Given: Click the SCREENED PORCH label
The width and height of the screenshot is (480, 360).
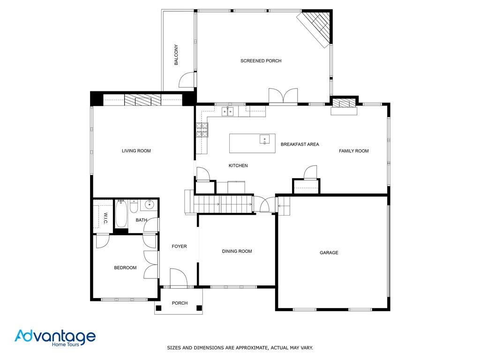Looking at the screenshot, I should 261,61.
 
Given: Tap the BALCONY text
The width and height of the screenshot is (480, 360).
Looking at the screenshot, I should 176,55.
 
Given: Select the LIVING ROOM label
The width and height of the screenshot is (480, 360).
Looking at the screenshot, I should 136,151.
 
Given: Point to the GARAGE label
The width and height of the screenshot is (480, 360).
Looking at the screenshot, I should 329,253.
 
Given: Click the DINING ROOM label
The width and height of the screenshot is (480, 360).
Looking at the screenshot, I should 237,251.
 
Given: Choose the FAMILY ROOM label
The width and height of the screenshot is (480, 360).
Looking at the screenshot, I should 353,151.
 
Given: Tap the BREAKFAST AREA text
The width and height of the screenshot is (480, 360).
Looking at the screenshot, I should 300,144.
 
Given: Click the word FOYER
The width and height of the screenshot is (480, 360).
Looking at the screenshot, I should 179,246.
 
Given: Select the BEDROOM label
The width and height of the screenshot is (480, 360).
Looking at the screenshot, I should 125,268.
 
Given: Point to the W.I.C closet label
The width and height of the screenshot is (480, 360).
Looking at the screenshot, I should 105,218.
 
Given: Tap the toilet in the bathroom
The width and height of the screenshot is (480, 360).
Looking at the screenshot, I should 134,206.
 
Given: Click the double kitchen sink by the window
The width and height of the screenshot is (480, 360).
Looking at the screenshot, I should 227,112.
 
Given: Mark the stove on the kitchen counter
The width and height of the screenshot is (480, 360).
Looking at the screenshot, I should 202,130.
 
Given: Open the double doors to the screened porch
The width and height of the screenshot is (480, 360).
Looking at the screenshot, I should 283,96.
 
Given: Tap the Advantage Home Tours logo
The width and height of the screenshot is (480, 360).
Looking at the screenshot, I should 55,337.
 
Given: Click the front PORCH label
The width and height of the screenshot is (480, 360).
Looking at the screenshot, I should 180,303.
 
